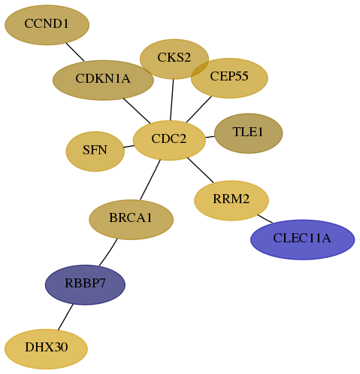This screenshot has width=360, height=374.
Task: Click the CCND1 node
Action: (x=47, y=25)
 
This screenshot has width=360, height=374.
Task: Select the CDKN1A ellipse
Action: (x=103, y=80)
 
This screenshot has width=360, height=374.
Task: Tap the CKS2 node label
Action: (x=174, y=57)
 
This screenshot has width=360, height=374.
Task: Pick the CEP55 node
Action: (x=229, y=78)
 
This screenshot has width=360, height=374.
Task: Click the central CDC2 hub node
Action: (x=169, y=140)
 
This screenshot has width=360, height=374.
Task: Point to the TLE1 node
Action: (x=249, y=133)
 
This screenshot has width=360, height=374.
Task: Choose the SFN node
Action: (x=95, y=151)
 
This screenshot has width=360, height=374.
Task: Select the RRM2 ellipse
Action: (x=231, y=200)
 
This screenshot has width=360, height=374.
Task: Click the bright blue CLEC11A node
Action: (x=302, y=239)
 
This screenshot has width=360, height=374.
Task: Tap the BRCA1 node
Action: (x=131, y=220)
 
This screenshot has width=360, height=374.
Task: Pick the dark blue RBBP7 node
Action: (x=85, y=284)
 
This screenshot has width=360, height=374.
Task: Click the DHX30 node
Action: (x=46, y=349)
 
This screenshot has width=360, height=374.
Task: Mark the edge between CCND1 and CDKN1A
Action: (x=75, y=52)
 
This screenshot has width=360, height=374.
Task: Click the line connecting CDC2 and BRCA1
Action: (x=150, y=180)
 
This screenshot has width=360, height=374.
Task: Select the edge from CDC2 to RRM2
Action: (x=201, y=170)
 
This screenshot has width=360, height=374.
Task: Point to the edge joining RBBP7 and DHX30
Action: (x=65, y=317)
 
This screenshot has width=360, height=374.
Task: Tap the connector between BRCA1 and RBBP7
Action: (x=108, y=252)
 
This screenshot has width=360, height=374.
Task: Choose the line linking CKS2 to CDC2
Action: (x=172, y=100)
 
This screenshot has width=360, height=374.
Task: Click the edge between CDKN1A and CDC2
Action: (x=137, y=111)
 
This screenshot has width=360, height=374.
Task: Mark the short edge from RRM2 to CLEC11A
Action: (x=265, y=219)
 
